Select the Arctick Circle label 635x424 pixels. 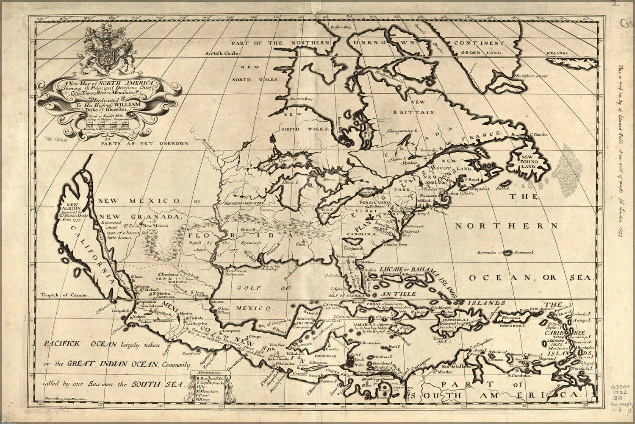tap(218, 54)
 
